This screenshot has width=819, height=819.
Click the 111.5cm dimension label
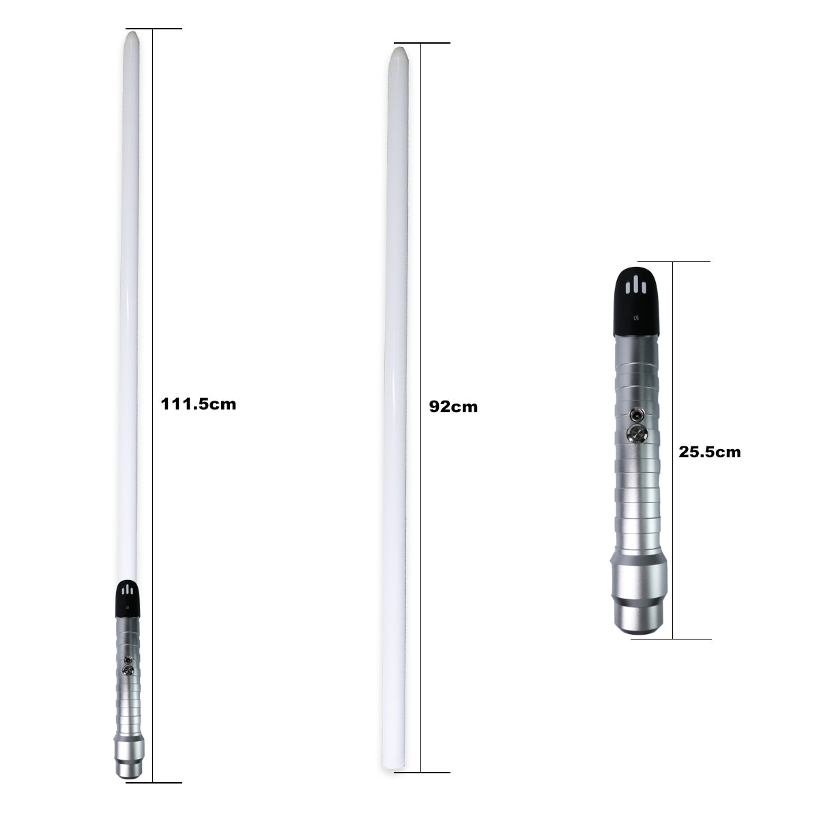(198, 404)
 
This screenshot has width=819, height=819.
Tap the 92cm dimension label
(453, 407)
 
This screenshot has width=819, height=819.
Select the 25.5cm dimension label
(709, 452)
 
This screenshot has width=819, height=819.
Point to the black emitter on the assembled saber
(128, 599)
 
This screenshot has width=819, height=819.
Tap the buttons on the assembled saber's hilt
(128, 665)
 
